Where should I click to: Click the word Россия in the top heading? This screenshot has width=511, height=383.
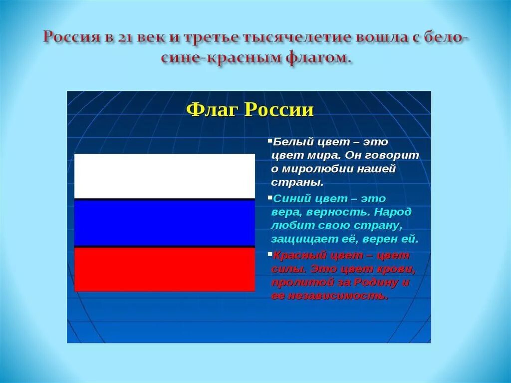click(71, 38)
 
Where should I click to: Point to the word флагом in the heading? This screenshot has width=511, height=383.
click(317, 58)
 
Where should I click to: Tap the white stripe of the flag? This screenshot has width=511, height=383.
click(164, 176)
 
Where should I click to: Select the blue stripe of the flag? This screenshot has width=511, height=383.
click(164, 223)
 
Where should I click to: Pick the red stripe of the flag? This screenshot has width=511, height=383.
click(164, 270)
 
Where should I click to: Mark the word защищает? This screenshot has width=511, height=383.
click(302, 239)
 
